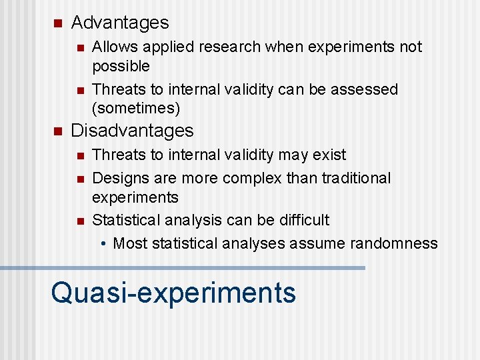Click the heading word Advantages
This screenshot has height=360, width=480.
(x=120, y=23)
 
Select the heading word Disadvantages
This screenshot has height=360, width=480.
(x=132, y=131)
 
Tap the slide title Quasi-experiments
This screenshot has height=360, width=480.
(x=173, y=292)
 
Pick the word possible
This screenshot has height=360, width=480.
(x=121, y=66)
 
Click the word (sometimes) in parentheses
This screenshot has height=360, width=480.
(x=136, y=108)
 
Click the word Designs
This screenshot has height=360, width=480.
(x=119, y=179)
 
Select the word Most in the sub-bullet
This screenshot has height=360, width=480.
(x=130, y=243)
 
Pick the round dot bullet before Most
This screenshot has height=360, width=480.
(x=104, y=244)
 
